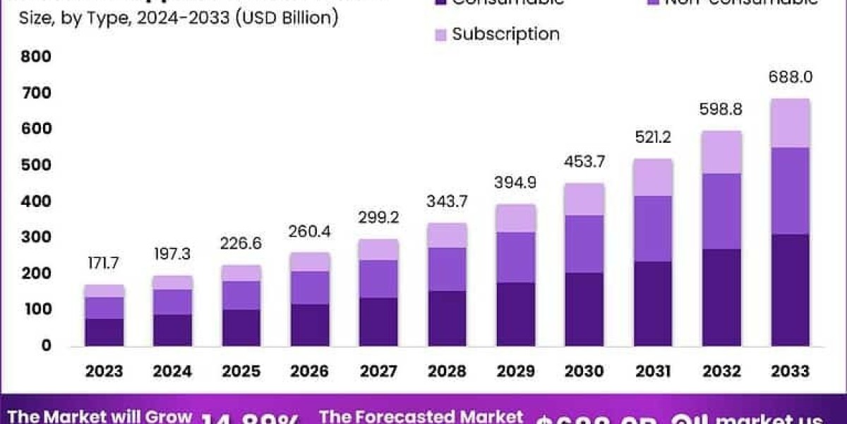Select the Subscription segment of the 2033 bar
pyautogui.click(x=789, y=123)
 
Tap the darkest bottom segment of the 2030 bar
pyautogui.click(x=584, y=309)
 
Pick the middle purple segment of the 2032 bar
pyautogui.click(x=721, y=211)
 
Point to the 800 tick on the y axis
pyautogui.click(x=37, y=57)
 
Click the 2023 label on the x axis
pyautogui.click(x=104, y=371)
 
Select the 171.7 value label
pyautogui.click(x=104, y=264)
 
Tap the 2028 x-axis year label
pyautogui.click(x=447, y=371)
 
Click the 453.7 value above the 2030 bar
pyautogui.click(x=584, y=162)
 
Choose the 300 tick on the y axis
pyautogui.click(x=37, y=237)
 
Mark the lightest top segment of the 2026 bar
pyautogui.click(x=310, y=261)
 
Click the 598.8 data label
pyautogui.click(x=721, y=110)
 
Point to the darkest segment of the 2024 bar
pyautogui.click(x=173, y=329)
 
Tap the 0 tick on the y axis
pyautogui.click(x=46, y=346)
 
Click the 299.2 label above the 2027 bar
pyautogui.click(x=378, y=218)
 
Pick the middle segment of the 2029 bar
pyautogui.click(x=515, y=257)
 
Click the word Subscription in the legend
pyautogui.click(x=505, y=34)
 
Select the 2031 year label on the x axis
pyautogui.click(x=652, y=371)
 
